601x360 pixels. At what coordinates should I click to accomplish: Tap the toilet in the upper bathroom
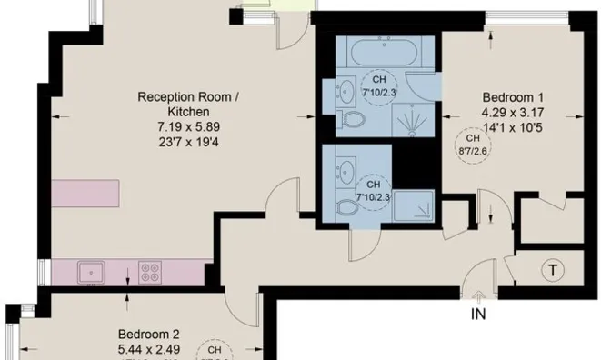[347, 121]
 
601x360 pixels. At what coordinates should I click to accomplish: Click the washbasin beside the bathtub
[346, 90]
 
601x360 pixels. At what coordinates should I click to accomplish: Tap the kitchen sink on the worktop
[91, 271]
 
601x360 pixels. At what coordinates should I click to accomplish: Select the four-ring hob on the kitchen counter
[151, 271]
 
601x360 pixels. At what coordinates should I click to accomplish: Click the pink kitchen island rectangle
[85, 193]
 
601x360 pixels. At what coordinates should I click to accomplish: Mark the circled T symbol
[551, 270]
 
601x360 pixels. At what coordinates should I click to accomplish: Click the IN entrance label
[478, 315]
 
